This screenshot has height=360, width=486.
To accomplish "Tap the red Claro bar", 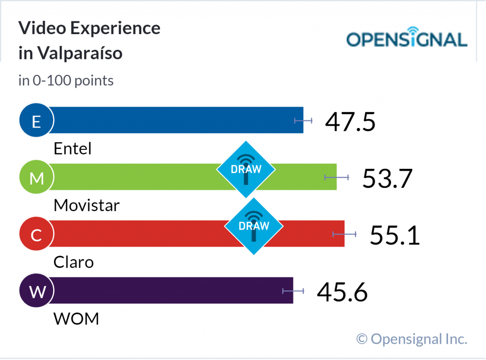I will pyautogui.click(x=142, y=233).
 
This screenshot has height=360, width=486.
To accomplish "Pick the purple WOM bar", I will pyautogui.click(x=171, y=290).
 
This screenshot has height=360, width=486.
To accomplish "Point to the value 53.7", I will pyautogui.click(x=387, y=178).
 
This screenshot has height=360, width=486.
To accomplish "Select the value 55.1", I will pyautogui.click(x=395, y=235).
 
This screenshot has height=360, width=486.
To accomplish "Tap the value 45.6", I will pyautogui.click(x=342, y=292).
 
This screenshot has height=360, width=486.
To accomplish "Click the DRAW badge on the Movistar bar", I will pyautogui.click(x=246, y=169).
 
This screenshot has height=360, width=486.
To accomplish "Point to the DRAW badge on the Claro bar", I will pyautogui.click(x=254, y=226).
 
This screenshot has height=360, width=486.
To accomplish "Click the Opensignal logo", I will pyautogui.click(x=407, y=38).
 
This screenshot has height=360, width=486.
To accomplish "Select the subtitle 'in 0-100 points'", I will pyautogui.click(x=66, y=81).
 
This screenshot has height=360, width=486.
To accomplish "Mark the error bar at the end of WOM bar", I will pyautogui.click(x=293, y=290).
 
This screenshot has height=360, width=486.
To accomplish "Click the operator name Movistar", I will pyautogui.click(x=86, y=205).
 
